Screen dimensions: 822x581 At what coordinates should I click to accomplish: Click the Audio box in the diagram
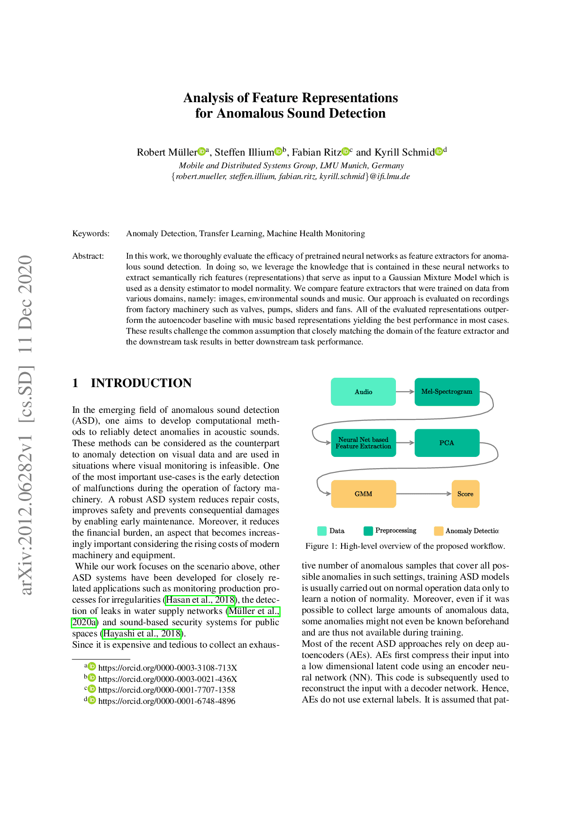point(363,392)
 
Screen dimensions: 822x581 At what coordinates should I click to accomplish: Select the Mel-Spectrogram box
point(447,392)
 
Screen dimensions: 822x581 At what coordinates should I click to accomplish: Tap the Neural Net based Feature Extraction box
point(363,443)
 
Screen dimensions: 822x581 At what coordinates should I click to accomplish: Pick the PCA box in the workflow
point(447,443)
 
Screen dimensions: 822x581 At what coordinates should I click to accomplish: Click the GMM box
point(363,494)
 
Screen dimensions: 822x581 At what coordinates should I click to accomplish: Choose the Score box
point(465,494)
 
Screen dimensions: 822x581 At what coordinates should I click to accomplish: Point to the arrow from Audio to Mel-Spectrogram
point(405,392)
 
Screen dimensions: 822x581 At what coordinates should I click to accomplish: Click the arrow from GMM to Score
point(424,494)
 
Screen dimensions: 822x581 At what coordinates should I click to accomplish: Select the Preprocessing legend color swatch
point(368,531)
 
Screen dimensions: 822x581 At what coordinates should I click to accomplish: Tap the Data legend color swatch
point(322,531)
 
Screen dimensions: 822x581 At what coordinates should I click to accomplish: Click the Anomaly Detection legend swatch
point(439,531)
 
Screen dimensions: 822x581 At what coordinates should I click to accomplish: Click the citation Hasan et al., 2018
point(200,600)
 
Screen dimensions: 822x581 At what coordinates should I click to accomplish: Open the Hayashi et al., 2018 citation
point(142,634)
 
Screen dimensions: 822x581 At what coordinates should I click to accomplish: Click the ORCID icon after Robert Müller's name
point(201,151)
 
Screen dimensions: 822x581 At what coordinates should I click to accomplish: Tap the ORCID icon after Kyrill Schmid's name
point(439,151)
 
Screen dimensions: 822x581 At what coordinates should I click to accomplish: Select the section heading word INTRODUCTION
point(141,383)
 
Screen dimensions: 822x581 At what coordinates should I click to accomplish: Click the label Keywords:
point(91,233)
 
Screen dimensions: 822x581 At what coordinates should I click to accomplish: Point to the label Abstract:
point(88,256)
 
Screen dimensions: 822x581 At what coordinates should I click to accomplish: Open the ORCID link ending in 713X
point(167,668)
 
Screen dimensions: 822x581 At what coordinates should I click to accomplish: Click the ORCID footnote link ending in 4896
point(166,701)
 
